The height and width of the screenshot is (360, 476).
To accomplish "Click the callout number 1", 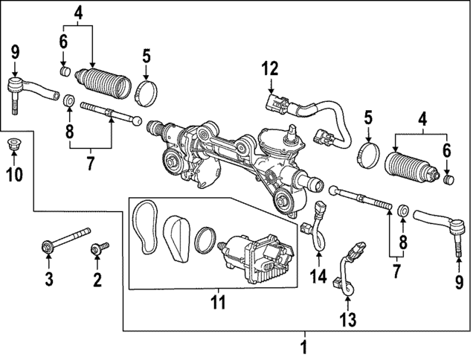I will tap(303, 346).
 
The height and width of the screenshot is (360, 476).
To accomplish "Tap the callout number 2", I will tap(96, 280).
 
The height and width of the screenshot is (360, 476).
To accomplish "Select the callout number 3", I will tap(48, 280).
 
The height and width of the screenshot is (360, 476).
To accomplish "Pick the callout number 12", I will tap(269, 69).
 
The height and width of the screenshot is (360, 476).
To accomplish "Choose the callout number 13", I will tap(348, 319).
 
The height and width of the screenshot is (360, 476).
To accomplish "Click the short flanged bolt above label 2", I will tap(98, 246).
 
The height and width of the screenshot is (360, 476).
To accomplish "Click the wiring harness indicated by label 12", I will tap(312, 119).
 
